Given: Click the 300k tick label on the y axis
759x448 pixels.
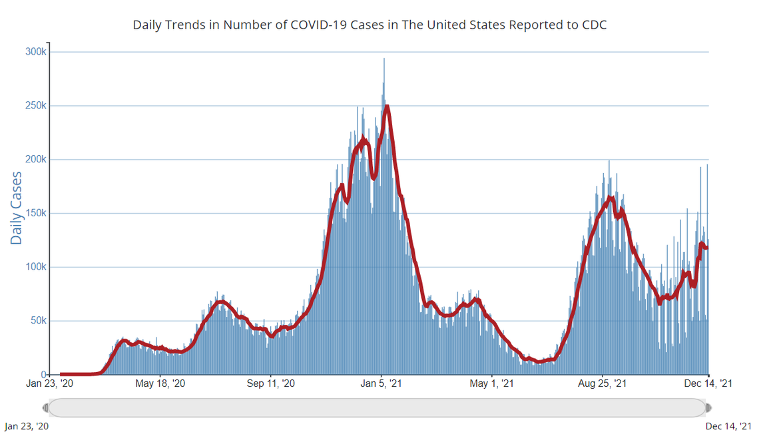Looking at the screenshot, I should click(x=35, y=52).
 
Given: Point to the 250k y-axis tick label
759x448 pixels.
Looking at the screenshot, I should click(x=35, y=106).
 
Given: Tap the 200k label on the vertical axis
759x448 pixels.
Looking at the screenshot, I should click(x=35, y=160).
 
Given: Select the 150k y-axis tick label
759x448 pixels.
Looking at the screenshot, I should click(x=35, y=214).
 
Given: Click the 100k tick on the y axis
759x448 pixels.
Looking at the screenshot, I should click(x=35, y=267).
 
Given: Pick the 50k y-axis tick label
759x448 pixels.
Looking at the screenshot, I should click(x=37, y=321).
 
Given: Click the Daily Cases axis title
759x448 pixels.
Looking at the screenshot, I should click(x=16, y=208).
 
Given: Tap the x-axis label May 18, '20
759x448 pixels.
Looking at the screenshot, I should click(x=160, y=383).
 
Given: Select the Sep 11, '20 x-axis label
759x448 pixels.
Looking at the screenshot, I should click(x=270, y=383).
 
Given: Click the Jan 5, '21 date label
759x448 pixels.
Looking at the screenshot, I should click(x=381, y=383).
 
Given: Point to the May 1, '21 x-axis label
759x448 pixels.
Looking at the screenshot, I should click(x=492, y=383).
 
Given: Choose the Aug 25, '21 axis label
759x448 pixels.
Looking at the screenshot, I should click(x=602, y=383).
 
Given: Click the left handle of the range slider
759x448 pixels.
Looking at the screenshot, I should click(x=45, y=407).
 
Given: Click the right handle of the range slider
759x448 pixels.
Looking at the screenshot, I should click(x=708, y=407).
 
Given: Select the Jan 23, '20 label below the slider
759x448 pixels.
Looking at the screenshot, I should click(x=27, y=426).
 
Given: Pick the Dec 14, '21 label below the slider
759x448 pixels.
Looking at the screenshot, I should click(x=728, y=426).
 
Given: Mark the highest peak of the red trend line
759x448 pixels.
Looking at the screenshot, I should click(x=386, y=106).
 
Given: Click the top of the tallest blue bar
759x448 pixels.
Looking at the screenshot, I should click(x=383, y=59).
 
